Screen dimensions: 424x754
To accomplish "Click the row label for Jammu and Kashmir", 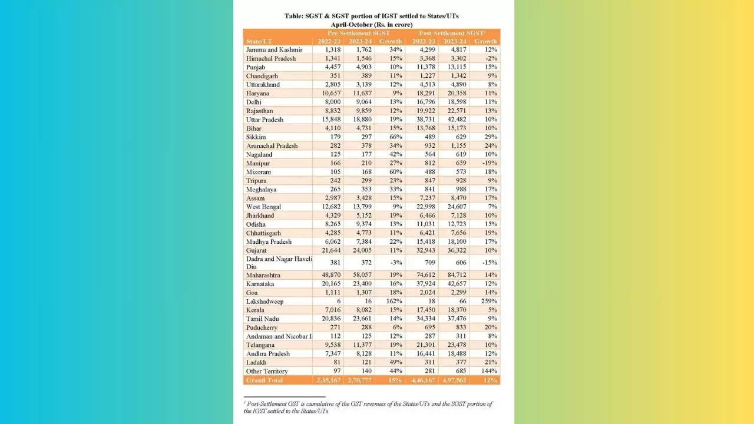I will tap(274, 50).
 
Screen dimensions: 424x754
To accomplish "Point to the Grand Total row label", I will tap(265, 380).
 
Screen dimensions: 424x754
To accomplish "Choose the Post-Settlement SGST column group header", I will tap(455, 33).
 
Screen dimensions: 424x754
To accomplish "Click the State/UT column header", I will tap(260, 41).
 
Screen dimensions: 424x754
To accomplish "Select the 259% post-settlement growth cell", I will tap(488, 302).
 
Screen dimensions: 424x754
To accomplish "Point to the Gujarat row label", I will tap(257, 250).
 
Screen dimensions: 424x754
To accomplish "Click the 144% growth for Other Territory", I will tap(488, 371).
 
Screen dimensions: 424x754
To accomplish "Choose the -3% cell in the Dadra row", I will tap(395, 263).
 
